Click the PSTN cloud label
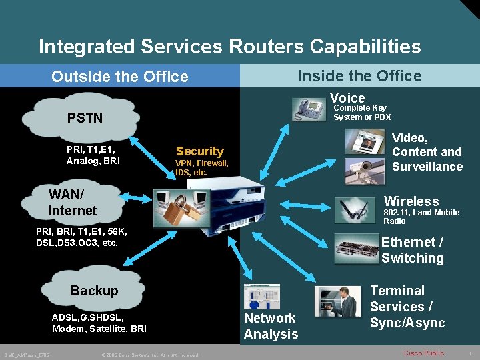pyautogui.click(x=85, y=118)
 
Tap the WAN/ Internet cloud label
pyautogui.click(x=73, y=203)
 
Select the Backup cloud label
pyautogui.click(x=94, y=291)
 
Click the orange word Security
pyautogui.click(x=199, y=151)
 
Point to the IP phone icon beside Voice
pyautogui.click(x=309, y=107)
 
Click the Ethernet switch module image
pyautogui.click(x=356, y=249)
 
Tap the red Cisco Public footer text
pyautogui.click(x=424, y=352)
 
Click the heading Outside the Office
pyautogui.click(x=120, y=77)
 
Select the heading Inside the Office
pyautogui.click(x=359, y=76)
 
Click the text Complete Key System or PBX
pyautogui.click(x=362, y=112)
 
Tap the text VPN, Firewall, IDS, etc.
pyautogui.click(x=201, y=167)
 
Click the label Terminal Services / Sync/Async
pyautogui.click(x=407, y=307)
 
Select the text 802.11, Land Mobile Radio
pyautogui.click(x=421, y=217)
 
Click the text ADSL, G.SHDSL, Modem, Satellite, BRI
pyautogui.click(x=99, y=323)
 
